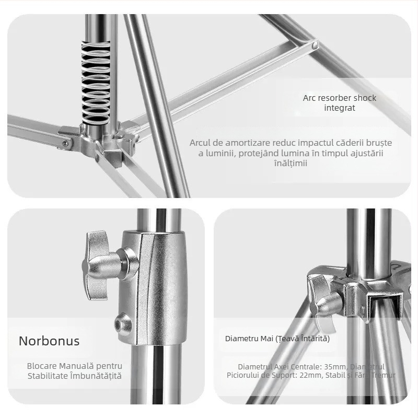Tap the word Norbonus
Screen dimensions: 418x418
pyautogui.click(x=49, y=341)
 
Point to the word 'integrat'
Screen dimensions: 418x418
pyautogui.click(x=340, y=108)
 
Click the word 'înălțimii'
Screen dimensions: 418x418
pyautogui.click(x=291, y=163)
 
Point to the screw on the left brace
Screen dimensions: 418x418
pyautogui.click(x=65, y=143)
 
